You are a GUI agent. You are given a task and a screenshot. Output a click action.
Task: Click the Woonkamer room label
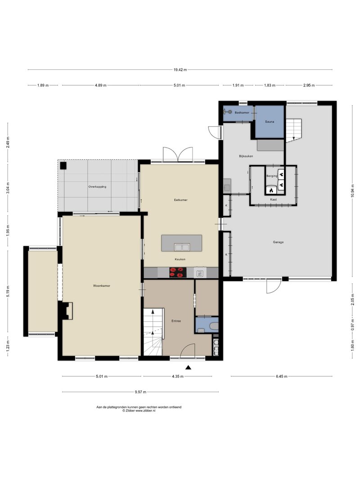pyautogui.click(x=102, y=286)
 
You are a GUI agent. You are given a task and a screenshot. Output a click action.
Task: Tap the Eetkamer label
pyautogui.click(x=180, y=200)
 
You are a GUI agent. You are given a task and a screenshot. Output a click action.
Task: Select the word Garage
pyautogui.click(x=278, y=242)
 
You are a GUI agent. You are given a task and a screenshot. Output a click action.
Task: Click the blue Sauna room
pyautogui.click(x=270, y=122)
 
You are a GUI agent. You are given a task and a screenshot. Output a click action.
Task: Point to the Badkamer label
pyautogui.click(x=242, y=112)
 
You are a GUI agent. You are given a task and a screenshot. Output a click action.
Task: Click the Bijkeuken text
pyautogui.click(x=246, y=156)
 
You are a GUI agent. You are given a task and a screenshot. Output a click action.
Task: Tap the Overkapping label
pyautogui.click(x=97, y=186)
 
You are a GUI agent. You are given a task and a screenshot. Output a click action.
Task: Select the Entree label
pyautogui.click(x=176, y=321)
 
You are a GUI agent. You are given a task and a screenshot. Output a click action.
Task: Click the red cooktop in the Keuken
pyautogui.click(x=178, y=272)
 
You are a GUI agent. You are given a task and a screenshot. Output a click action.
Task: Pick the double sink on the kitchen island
pyautogui.click(x=182, y=247)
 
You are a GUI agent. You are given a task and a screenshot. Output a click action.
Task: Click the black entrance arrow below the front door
pyautogui.click(x=188, y=368)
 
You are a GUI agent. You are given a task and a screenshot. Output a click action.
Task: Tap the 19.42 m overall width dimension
pyautogui.click(x=180, y=70)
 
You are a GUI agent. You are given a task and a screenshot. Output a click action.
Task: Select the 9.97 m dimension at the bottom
pyautogui.click(x=140, y=392)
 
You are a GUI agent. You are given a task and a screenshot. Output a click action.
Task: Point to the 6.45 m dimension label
pyautogui.click(x=281, y=377)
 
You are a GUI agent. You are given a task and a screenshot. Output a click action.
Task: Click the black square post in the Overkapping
pyautogui.click(x=63, y=166)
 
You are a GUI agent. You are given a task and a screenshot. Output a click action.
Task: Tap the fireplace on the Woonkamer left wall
pyautogui.click(x=67, y=311)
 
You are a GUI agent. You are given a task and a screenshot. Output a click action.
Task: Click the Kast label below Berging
pyautogui.click(x=273, y=200)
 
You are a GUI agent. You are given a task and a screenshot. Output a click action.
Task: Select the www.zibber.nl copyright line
pyautogui.click(x=139, y=411)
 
